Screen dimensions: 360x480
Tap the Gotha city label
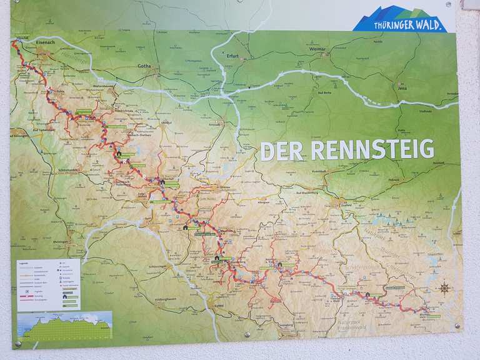pos(144,65)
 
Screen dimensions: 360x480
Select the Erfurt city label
pos(233,55)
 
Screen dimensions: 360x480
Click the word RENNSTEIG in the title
pos(372,150)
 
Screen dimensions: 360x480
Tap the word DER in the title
pos(282,151)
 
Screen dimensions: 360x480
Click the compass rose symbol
pos(444,288)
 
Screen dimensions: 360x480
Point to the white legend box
pos(49,284)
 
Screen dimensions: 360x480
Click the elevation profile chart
pos(65,325)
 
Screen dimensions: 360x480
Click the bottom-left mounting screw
pos(17,343)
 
